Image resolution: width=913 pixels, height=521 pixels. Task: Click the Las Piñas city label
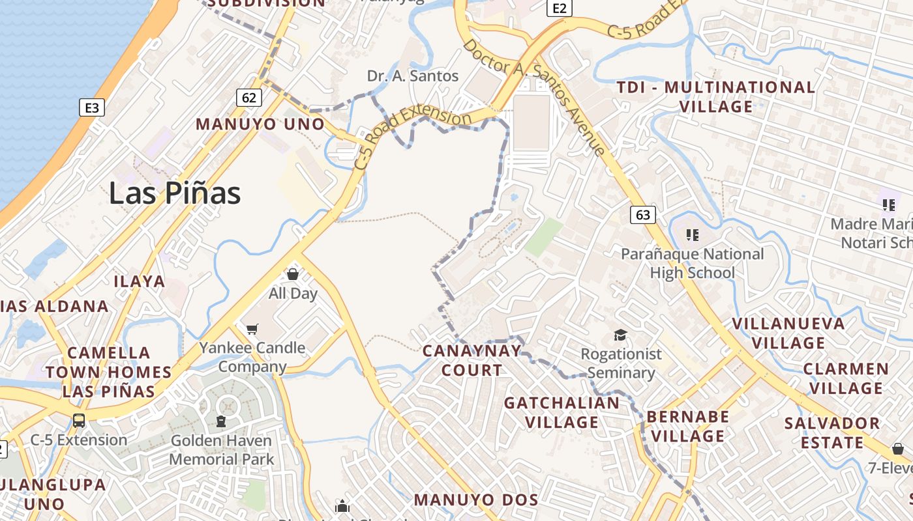point(175,193)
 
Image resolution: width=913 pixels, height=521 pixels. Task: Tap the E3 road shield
point(92,107)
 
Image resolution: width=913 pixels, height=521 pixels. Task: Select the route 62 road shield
point(248,98)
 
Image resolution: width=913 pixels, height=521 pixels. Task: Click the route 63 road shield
point(642,214)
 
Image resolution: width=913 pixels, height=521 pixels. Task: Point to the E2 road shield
point(560,8)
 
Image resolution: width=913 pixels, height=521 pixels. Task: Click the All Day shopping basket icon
point(293,274)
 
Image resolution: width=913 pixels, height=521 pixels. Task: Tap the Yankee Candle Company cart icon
point(252,329)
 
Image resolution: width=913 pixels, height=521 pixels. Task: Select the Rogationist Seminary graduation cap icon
point(620,335)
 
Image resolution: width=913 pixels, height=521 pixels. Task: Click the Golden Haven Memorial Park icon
point(221,421)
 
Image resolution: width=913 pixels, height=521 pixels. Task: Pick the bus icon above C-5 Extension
point(79,420)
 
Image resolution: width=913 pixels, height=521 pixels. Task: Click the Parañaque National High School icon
point(692,234)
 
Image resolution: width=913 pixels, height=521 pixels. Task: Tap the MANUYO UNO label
point(260,124)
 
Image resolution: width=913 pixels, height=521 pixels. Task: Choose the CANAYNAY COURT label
point(472,360)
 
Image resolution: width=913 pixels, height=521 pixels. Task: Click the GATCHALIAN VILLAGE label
point(562,412)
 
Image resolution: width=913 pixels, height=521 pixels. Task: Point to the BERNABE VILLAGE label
point(688,426)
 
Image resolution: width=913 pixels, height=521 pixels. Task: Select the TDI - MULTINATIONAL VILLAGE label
point(716,96)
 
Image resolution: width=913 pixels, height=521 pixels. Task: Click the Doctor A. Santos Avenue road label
point(534,98)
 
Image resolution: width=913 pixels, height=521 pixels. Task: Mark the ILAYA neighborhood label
point(140,281)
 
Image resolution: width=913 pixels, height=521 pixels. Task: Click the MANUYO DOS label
point(476,500)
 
